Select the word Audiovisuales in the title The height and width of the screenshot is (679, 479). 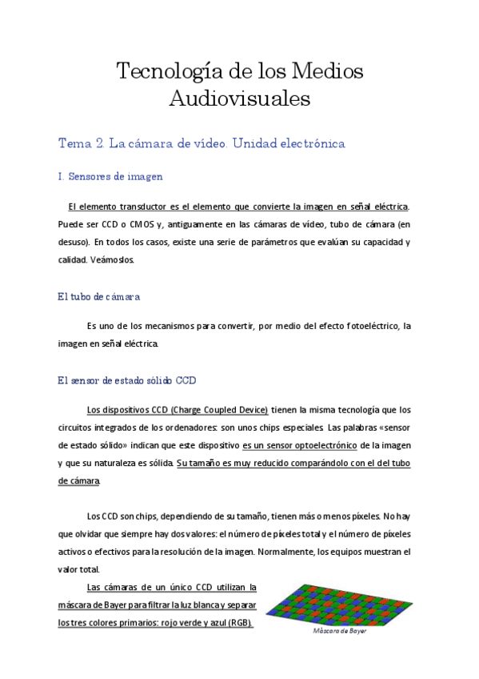[239, 99]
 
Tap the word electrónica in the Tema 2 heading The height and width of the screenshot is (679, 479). [306, 144]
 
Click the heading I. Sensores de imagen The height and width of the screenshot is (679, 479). [111, 176]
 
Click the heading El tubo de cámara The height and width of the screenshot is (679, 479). [99, 296]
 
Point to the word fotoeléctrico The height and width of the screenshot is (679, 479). [362, 326]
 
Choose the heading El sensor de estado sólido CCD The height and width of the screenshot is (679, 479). [126, 380]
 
